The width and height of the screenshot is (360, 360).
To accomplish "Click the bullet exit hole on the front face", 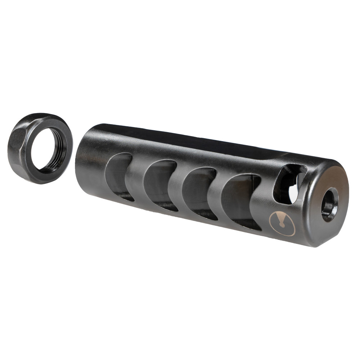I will [x=330, y=204].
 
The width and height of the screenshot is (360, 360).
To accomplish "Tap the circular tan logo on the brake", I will [x=282, y=224].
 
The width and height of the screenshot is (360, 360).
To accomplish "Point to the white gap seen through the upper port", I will [x=294, y=191].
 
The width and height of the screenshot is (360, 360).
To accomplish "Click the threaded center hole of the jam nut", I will [x=48, y=149].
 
